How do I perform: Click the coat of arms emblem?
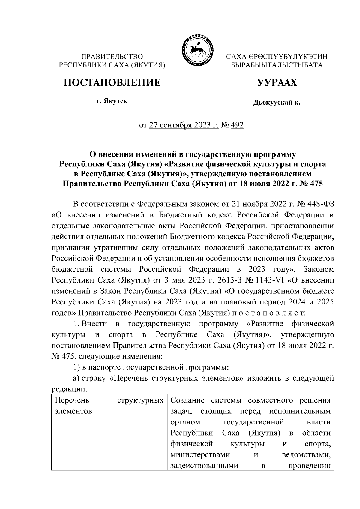(x=197, y=50)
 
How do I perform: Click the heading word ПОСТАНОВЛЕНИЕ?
(x=112, y=82)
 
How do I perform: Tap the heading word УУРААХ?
(x=277, y=82)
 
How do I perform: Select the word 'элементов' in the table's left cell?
(x=73, y=411)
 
